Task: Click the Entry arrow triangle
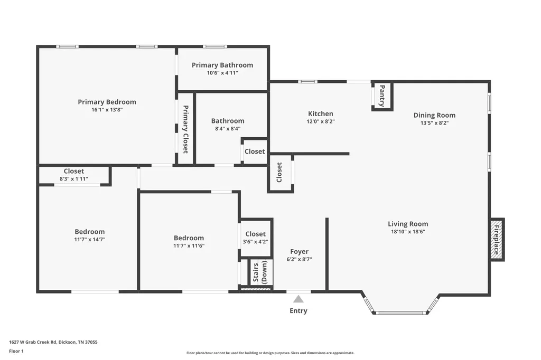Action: click(299, 299)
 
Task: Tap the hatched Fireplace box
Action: click(497, 240)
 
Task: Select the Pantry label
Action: click(383, 96)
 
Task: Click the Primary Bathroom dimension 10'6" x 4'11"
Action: click(222, 73)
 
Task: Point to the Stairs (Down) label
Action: click(260, 272)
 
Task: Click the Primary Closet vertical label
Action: click(185, 129)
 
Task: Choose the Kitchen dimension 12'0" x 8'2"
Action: click(321, 121)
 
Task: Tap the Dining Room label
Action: click(434, 115)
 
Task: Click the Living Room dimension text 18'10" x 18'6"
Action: click(408, 232)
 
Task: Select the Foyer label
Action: click(299, 252)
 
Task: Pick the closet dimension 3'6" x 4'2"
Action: click(255, 242)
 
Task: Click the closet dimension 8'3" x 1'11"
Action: click(74, 179)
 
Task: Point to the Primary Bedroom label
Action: click(107, 102)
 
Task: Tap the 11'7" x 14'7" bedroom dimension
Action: click(90, 239)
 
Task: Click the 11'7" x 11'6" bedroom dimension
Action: click(189, 246)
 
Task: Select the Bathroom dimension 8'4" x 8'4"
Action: click(228, 129)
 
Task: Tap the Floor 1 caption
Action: click(16, 352)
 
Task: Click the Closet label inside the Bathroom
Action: click(255, 151)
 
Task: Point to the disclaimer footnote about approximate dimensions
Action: click(270, 353)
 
